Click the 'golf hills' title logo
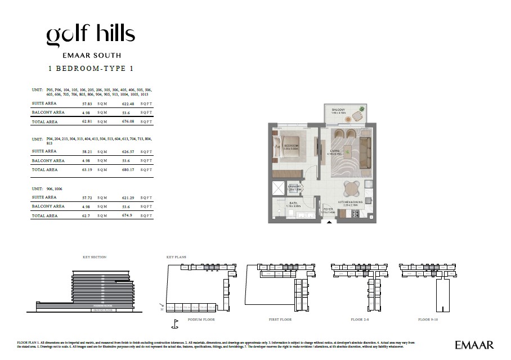pos(91,35)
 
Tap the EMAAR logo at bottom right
pos(474,345)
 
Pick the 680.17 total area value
pos(128,169)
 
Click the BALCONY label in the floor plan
pos(338,110)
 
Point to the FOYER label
pos(328,209)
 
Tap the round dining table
pos(352,187)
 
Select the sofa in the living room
pos(365,148)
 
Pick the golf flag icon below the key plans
pos(174,325)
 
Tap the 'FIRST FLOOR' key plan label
pos(280,319)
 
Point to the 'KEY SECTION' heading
pos(95,257)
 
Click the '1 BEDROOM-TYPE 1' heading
pos(91,68)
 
